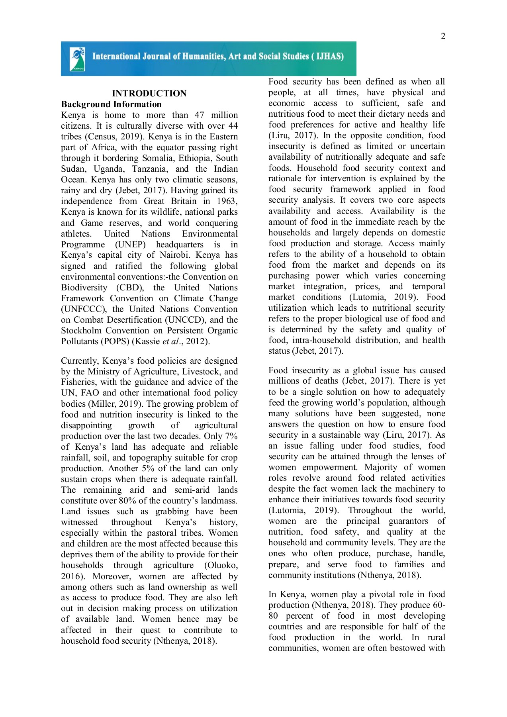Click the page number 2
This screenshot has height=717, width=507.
(x=443, y=36)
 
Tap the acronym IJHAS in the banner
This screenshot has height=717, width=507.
(x=329, y=56)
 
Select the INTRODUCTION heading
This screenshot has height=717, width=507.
(x=149, y=94)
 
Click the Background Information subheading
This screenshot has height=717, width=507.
(x=111, y=104)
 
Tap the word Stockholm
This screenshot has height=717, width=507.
(x=81, y=331)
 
